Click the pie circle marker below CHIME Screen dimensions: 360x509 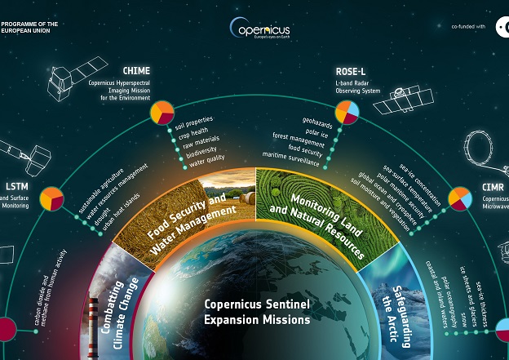pyautogui.click(x=162, y=112)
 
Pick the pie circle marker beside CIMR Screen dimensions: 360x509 pyautogui.click(x=460, y=198)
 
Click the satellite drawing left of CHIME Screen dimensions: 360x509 pyautogui.click(x=73, y=82)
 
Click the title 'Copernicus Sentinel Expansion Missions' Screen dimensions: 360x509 pyautogui.click(x=257, y=312)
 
